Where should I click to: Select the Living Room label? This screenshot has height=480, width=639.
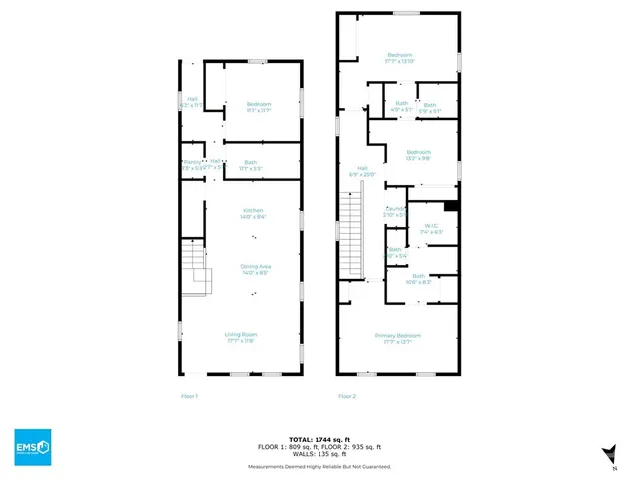point(241,337)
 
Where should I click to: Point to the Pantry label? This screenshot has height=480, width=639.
point(191,162)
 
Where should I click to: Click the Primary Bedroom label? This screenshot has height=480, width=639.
point(398,337)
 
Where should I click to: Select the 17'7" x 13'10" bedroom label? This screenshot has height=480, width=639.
point(399,57)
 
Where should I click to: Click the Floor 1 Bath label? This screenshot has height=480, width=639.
point(250,164)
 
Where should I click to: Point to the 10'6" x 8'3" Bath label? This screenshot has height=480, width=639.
point(418,278)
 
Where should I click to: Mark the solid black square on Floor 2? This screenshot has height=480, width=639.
point(451,206)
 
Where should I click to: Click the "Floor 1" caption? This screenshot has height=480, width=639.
point(189,397)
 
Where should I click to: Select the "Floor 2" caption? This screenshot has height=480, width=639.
point(347,397)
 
